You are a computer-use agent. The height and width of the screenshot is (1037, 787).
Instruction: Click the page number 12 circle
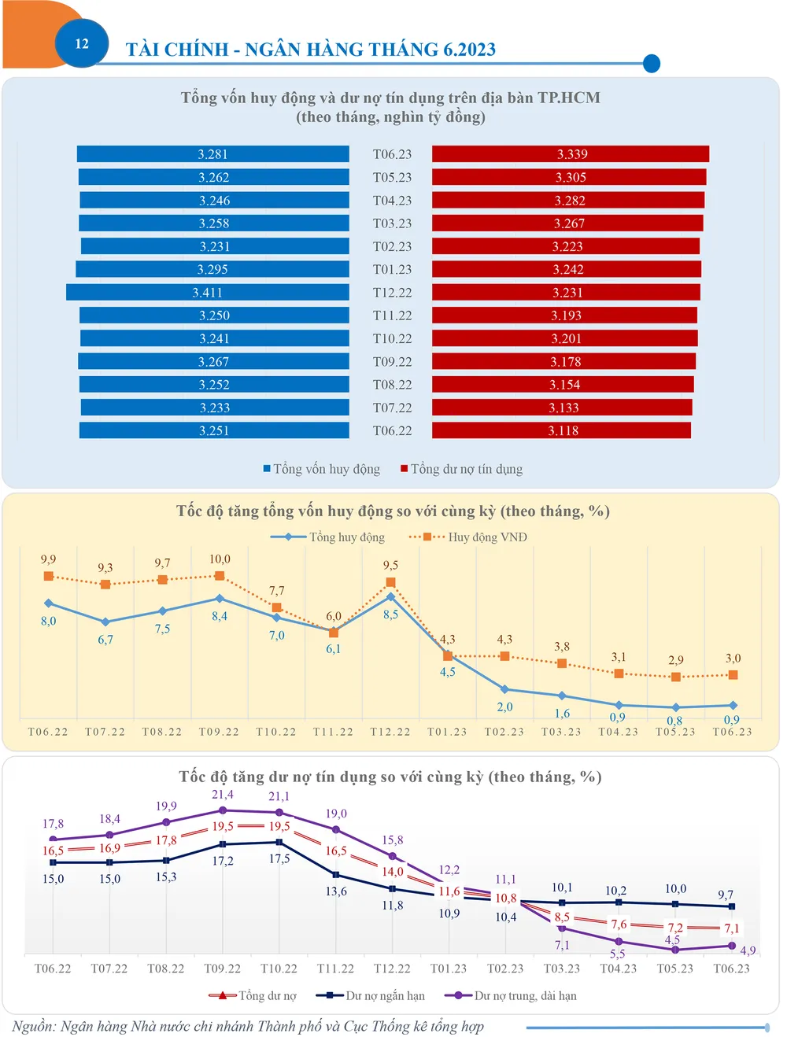pos(82,43)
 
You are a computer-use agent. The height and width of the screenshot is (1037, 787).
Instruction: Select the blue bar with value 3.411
pos(208,293)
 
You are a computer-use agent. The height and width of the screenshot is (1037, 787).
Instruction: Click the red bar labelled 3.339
pos(571,154)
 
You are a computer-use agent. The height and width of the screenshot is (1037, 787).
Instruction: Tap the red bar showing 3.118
pos(562,430)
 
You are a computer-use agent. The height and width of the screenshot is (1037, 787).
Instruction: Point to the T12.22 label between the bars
pos(392,293)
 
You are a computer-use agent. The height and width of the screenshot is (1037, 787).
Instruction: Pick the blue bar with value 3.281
pos(212,154)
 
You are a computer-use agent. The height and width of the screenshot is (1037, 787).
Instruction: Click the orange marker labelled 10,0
pos(220,576)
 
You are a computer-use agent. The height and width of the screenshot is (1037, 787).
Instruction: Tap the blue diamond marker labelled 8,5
pos(391,597)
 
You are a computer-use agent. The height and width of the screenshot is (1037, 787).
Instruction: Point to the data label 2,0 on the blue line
pos(504,707)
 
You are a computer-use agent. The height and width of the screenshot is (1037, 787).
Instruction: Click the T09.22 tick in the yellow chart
pos(219,732)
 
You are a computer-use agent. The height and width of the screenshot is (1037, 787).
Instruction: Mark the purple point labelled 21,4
pos(223,810)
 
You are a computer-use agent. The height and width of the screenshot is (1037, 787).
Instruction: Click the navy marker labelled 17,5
pos(279,842)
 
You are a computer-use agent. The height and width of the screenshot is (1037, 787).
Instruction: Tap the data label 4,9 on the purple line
pos(748,950)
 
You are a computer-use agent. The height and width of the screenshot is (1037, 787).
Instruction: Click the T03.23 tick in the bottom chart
pos(562,969)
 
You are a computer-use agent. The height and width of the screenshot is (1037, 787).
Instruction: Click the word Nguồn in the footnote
pos(33,1026)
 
